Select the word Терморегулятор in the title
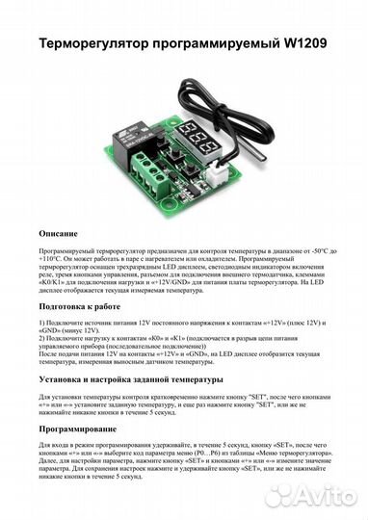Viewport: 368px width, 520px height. pos(97,44)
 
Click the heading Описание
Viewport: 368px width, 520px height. pos(66,234)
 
